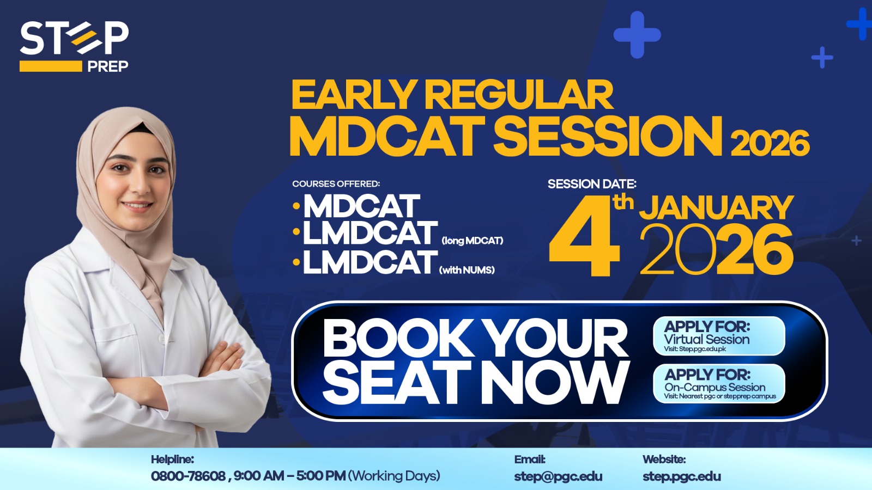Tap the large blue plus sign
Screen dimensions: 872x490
coord(637,35)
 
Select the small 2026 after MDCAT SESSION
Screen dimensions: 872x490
coord(771,143)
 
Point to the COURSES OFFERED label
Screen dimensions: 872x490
coord(336,183)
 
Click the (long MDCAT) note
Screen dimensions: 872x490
coord(473,241)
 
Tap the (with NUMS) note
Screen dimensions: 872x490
coord(467,270)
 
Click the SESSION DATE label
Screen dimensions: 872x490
coord(592,183)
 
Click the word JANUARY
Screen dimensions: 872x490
coord(716,207)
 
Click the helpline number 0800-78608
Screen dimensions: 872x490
coord(188,476)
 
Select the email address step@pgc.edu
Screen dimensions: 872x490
coord(558,476)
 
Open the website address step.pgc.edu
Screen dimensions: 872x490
coord(682,476)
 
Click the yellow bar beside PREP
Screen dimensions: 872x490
coord(51,66)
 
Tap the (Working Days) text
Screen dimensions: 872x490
coord(394,476)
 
